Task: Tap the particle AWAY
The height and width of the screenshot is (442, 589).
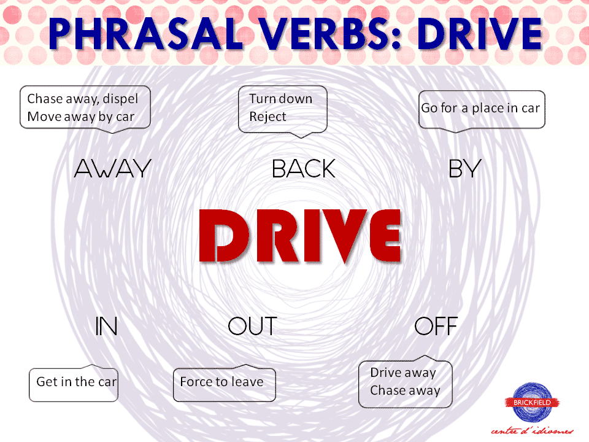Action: pos(112,169)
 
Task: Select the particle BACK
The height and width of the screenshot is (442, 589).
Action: pos(304,169)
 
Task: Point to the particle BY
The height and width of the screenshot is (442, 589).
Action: pos(464,169)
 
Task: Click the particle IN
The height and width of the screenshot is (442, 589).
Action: pos(106,327)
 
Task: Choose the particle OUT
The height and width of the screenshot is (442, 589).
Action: pos(252,327)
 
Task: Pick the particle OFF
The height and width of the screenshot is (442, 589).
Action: pos(436,327)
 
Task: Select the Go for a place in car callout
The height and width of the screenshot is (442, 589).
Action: pos(480,109)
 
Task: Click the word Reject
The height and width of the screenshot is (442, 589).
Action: pos(268,117)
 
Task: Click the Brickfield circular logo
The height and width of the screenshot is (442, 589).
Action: pos(533,402)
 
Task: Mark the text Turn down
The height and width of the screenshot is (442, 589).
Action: pos(280,99)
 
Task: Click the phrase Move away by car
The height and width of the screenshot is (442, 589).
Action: pos(80,117)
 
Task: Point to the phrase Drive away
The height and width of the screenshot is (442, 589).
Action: pos(402,373)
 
